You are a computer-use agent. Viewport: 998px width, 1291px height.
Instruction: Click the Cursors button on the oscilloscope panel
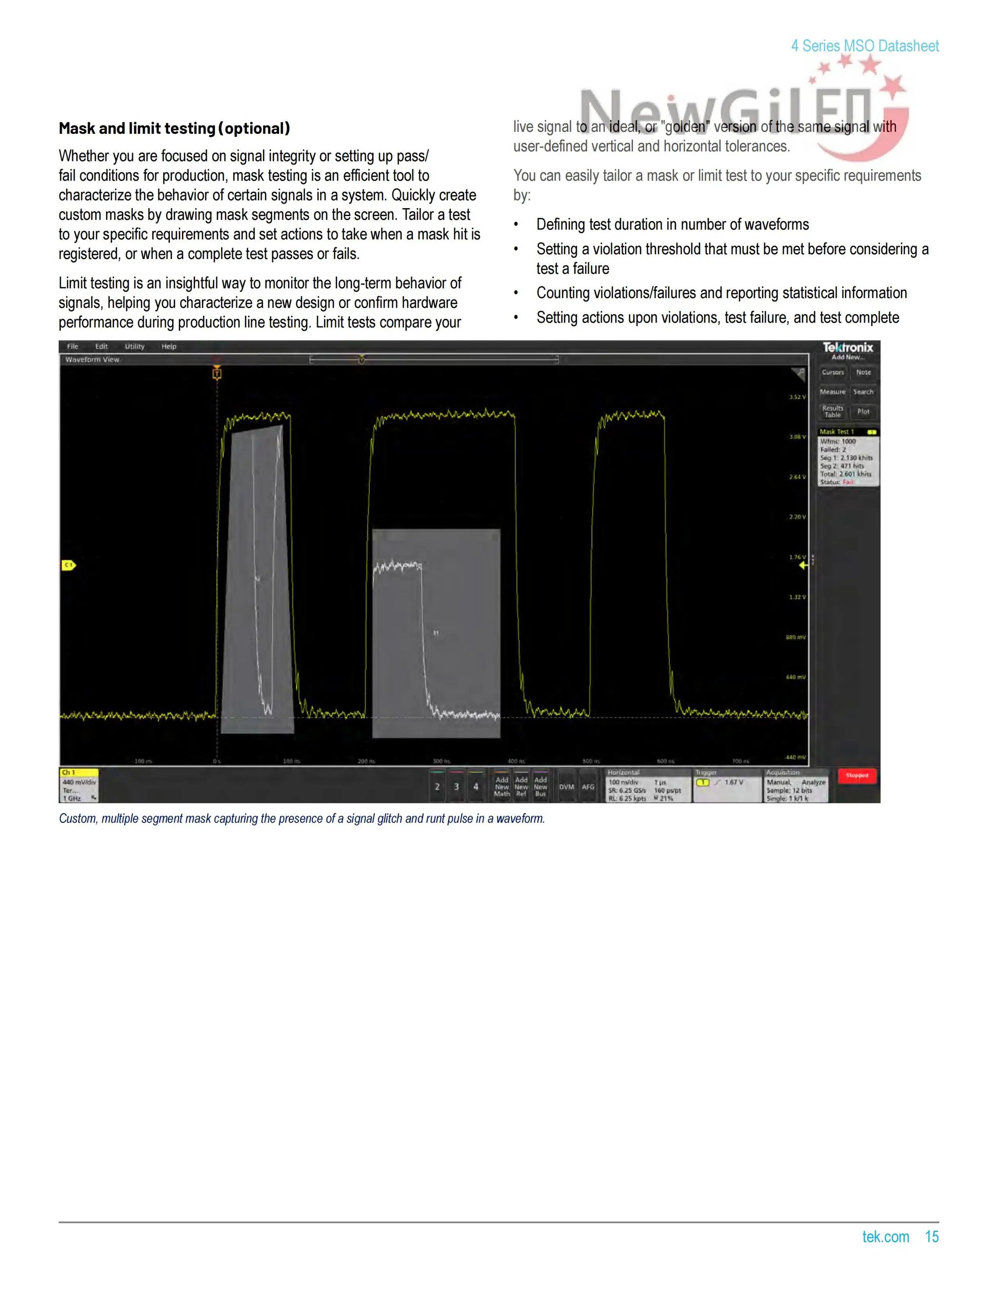832,372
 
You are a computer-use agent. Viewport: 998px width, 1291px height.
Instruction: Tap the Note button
863,372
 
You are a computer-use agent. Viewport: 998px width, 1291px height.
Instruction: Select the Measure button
832,392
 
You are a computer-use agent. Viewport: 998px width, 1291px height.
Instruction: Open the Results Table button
832,411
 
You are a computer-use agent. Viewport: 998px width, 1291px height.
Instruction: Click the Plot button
863,411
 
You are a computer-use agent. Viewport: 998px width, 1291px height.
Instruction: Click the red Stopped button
856,776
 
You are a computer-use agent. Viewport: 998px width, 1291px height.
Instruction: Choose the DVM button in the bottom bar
566,787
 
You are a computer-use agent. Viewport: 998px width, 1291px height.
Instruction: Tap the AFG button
588,787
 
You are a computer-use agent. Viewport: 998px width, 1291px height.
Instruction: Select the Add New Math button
502,787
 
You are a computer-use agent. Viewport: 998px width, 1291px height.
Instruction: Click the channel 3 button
456,787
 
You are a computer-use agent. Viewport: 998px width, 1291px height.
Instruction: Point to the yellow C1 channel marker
69,566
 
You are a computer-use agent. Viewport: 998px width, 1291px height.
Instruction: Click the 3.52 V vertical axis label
797,397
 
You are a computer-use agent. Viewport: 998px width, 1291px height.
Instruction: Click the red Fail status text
848,482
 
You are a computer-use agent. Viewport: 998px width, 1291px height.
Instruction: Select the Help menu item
169,347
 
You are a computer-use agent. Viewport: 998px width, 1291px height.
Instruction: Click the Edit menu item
102,347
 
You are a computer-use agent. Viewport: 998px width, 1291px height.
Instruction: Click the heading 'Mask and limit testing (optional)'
174,128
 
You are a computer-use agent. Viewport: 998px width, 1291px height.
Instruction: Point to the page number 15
932,1237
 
